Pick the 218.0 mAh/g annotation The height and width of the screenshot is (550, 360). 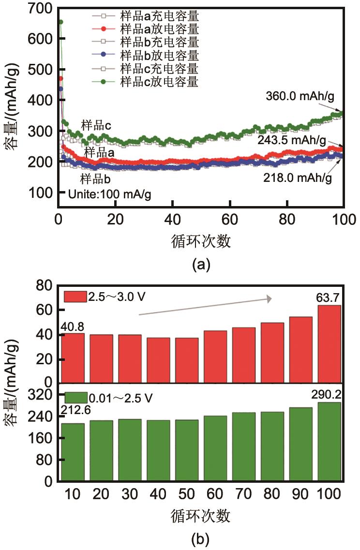click(x=298, y=178)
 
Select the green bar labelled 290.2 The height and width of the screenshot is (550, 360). click(x=330, y=442)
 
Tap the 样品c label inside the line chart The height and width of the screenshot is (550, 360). click(x=96, y=126)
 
